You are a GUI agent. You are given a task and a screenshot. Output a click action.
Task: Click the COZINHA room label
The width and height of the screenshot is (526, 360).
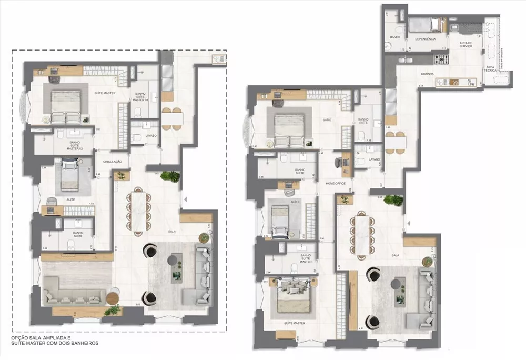coord(427,74)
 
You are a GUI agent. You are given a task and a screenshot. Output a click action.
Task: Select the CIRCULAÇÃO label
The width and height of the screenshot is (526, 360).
coord(113,162)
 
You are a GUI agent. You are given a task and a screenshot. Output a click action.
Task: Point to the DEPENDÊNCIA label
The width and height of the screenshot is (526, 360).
coord(425,39)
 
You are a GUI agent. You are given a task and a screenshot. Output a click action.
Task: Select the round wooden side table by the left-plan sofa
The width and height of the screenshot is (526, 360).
coord(113,298)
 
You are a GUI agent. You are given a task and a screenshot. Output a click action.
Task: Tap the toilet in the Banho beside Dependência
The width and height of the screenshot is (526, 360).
coord(401,26)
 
